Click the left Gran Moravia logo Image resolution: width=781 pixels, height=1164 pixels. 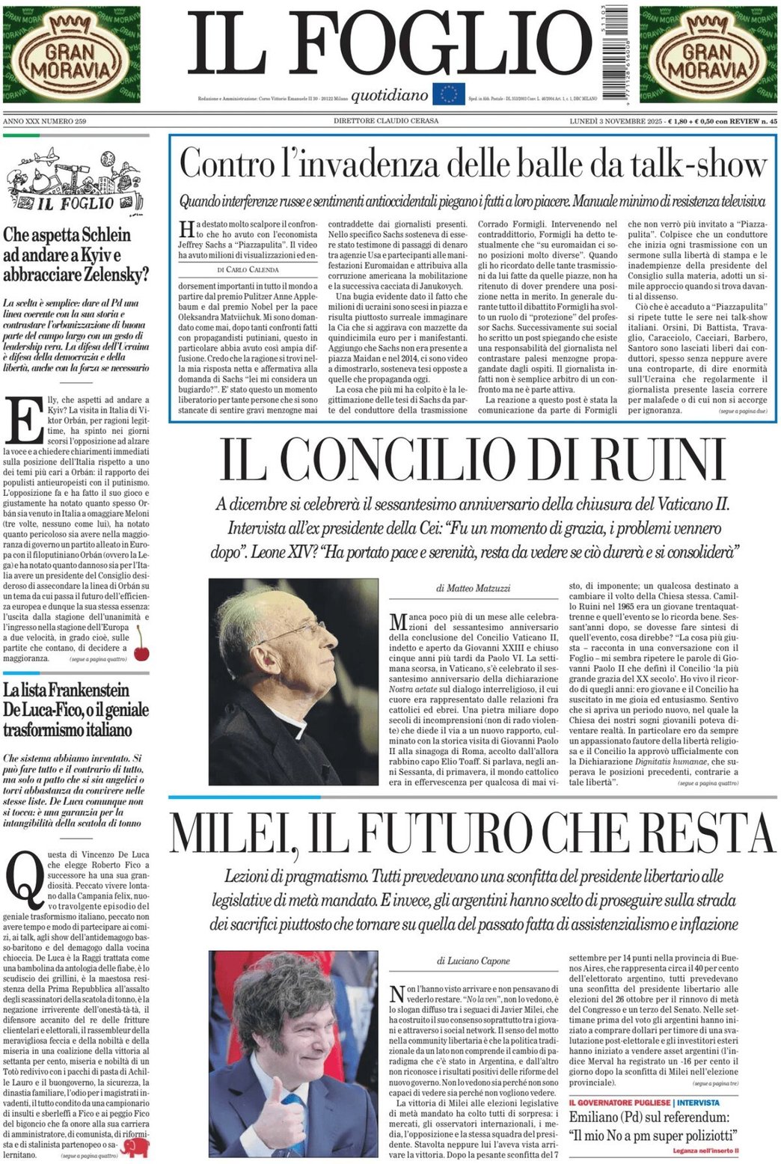71,54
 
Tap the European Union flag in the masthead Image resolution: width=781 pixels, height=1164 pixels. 448,94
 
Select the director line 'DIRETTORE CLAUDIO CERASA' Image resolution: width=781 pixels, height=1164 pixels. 386,120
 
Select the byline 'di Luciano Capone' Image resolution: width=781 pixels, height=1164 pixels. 474,961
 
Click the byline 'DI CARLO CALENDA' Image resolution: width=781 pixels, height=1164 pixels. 248,269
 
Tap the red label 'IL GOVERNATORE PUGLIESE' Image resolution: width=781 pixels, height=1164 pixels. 619,1102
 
